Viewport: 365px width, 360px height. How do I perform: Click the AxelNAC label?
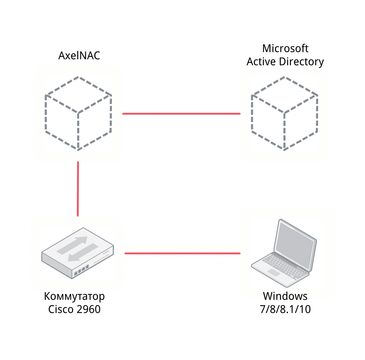coord(79,56)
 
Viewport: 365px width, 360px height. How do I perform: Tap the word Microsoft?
coord(285,48)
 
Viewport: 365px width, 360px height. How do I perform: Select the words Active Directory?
coord(285,62)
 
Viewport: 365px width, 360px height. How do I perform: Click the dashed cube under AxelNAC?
coord(78,113)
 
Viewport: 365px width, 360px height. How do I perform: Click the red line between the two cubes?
coord(181,114)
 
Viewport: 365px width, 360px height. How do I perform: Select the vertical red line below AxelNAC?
coord(78,189)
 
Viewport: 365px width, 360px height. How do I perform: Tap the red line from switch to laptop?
coord(182,253)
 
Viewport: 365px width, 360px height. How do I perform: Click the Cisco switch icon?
coord(77,253)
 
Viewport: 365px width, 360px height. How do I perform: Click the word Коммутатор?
coord(74,296)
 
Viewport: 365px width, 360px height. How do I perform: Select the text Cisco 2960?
coord(74,309)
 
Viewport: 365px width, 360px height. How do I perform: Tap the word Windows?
coord(285,296)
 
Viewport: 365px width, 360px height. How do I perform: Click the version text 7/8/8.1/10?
coord(285,309)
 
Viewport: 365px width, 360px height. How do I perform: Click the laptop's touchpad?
coord(274,272)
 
